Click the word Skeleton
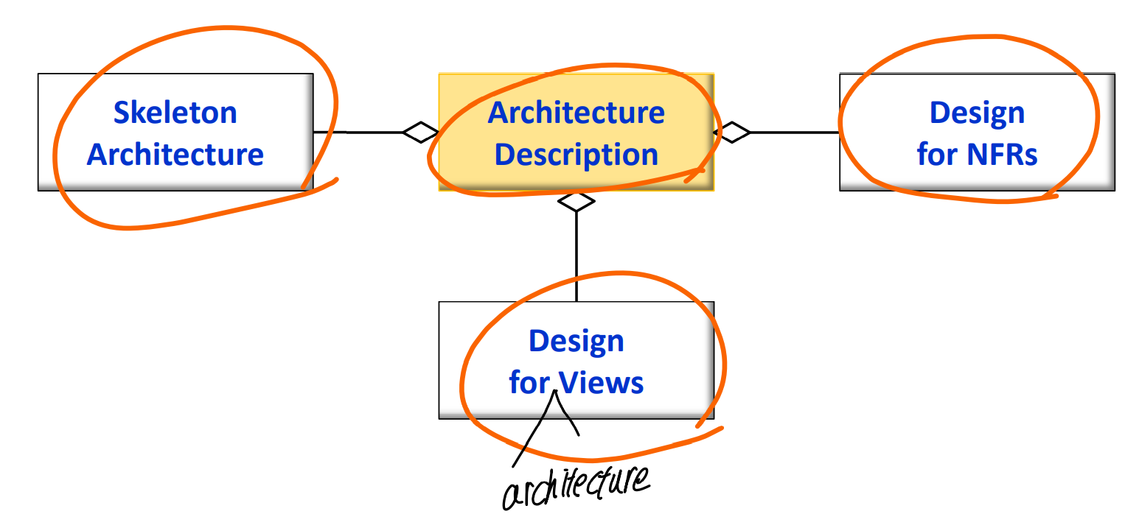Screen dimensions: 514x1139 [175, 113]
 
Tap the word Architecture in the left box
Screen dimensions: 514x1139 [175, 155]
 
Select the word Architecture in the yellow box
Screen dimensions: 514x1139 [576, 113]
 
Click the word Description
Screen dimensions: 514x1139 [576, 155]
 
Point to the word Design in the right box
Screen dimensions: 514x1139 [977, 113]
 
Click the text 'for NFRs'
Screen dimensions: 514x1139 [977, 155]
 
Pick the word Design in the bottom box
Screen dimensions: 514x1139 [576, 341]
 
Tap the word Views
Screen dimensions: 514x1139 [601, 383]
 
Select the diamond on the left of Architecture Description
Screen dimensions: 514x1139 [421, 133]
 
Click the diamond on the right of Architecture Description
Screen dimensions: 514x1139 [732, 133]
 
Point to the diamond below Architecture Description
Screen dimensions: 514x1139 [576, 201]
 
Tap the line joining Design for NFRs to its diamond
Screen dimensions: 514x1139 [795, 133]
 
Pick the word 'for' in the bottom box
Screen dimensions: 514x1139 [529, 383]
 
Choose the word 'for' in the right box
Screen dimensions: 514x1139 [937, 155]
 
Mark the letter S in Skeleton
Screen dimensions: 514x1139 [122, 113]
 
